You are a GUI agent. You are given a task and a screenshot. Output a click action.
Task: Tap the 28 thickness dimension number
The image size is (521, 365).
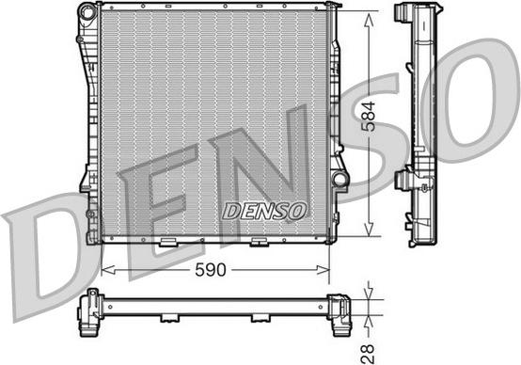(x=369, y=353)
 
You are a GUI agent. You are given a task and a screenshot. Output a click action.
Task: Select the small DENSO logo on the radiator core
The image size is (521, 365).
(x=263, y=211)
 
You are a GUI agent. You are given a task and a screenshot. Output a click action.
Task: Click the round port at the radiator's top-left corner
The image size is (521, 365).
(x=87, y=13)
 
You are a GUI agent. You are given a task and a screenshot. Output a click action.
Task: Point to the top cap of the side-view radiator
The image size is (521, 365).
(x=416, y=13)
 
